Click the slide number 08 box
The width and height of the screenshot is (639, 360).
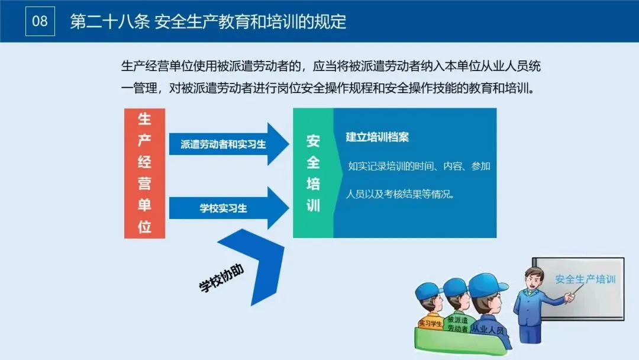pyautogui.click(x=40, y=21)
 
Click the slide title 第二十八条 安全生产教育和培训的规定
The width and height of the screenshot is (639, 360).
pyautogui.click(x=208, y=22)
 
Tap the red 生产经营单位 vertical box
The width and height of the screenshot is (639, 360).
pyautogui.click(x=144, y=173)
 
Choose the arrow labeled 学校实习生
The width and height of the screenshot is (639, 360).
pyautogui.click(x=225, y=208)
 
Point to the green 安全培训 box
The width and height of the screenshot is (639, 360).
pyautogui.click(x=313, y=173)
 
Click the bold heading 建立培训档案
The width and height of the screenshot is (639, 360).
pyautogui.click(x=377, y=137)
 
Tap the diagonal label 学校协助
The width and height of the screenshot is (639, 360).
pyautogui.click(x=221, y=278)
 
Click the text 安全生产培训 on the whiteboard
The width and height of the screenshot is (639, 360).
pyautogui.click(x=585, y=278)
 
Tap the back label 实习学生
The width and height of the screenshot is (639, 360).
pyautogui.click(x=430, y=323)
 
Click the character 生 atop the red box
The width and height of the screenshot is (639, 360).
pyautogui.click(x=144, y=120)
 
